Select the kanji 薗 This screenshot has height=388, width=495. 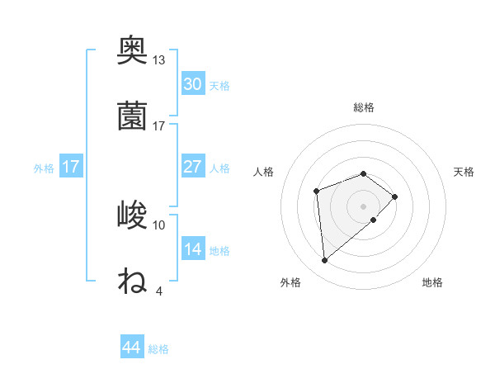coord(132,116)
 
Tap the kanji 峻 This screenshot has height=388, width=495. coord(132,215)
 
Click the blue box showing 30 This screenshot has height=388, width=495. coord(192,84)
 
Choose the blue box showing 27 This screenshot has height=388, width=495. coord(192,167)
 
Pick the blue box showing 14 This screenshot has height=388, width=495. coord(192,249)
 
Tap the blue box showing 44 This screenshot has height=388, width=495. coord(132,348)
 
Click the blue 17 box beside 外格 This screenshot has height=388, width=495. coord(71,167)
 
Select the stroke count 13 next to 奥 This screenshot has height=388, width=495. coord(159,60)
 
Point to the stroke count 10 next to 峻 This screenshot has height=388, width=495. coord(159,225)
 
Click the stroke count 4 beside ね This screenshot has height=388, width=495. coord(159,291)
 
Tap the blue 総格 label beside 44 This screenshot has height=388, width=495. coord(158,349)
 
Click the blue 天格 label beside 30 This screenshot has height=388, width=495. coord(219,86)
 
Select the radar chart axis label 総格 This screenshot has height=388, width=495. coord(364,107)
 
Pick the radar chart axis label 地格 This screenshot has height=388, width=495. coord(432,283)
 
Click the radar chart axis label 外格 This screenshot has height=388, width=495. coord(290,283)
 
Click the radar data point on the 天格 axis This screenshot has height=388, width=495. coord(395,196)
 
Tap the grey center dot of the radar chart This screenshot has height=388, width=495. coord(364,206)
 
